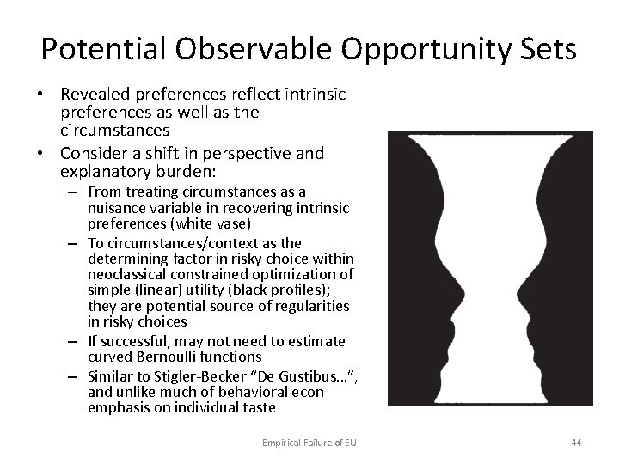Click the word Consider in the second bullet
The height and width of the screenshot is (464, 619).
pos(95,154)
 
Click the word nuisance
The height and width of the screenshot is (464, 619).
pos(119,207)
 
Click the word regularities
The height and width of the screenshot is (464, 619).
pos(305,307)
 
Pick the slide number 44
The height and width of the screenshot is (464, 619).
pos(575,443)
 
